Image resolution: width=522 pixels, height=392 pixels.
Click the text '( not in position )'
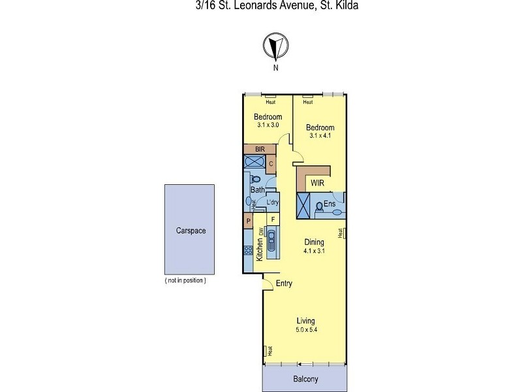click(186, 280)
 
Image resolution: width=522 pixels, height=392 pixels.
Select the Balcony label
click(305, 380)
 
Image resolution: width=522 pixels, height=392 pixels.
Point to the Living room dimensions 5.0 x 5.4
click(305, 331)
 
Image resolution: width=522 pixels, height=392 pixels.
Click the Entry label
click(284, 284)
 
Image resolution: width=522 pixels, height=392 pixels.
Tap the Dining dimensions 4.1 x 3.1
click(314, 251)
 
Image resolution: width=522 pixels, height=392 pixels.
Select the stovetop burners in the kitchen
click(248, 250)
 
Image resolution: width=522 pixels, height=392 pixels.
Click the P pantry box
click(249, 221)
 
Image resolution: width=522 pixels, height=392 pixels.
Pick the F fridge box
click(273, 219)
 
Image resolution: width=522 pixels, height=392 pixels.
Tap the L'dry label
click(272, 203)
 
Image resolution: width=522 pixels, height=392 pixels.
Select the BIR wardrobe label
click(259, 149)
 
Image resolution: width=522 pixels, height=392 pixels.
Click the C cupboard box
click(270, 163)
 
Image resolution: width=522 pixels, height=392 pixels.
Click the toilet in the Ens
click(319, 206)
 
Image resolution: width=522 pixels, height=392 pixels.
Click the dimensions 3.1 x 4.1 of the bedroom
click(321, 137)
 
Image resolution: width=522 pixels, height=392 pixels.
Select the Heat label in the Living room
click(266, 351)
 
